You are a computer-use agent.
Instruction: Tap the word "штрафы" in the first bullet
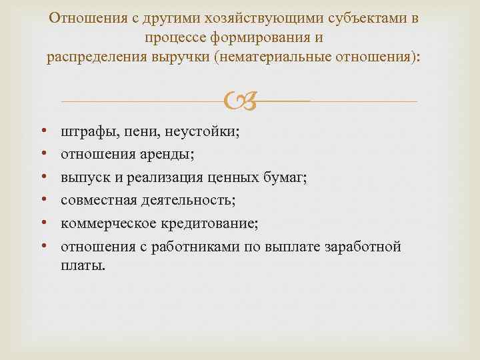click(x=87, y=133)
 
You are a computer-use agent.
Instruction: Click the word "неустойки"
click(x=200, y=133)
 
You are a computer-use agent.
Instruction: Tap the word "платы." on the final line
click(x=83, y=265)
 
